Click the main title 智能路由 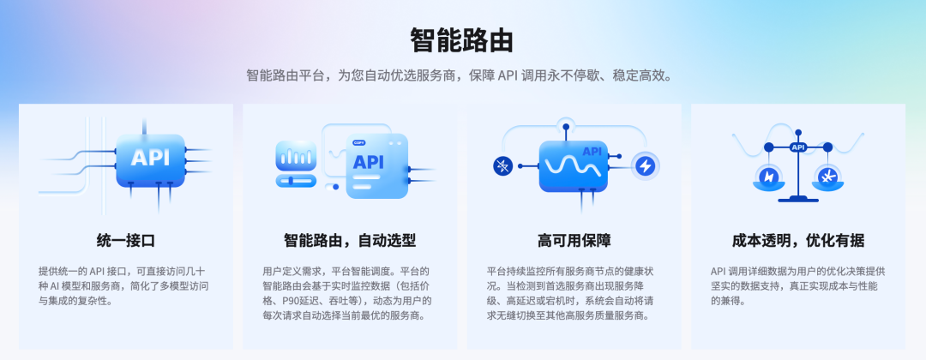(462, 41)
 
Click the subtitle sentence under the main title (460, 76)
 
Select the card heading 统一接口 (126, 241)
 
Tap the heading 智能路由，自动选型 (350, 241)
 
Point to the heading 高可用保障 (574, 241)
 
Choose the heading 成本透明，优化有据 (798, 241)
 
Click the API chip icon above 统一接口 (151, 158)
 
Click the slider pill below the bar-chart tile (296, 181)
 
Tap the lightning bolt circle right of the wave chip (644, 166)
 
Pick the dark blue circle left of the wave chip (503, 166)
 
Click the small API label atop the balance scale (798, 147)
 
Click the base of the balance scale (798, 200)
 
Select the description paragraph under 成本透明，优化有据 (798, 286)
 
